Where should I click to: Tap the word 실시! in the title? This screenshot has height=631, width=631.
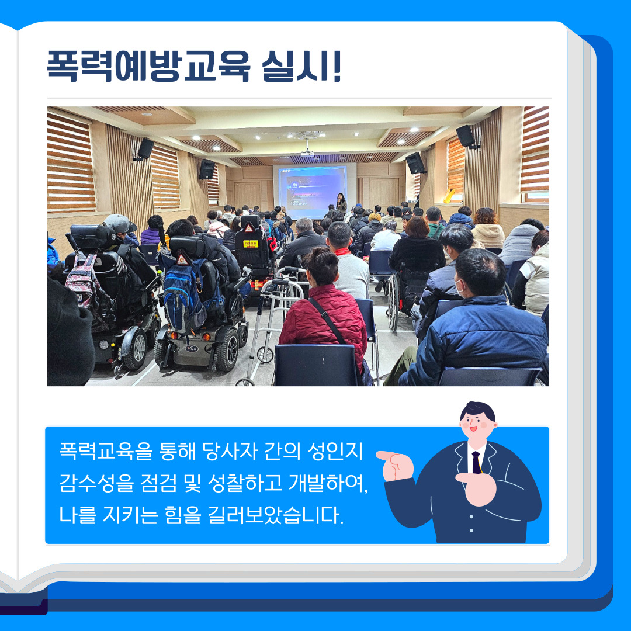tap(301, 66)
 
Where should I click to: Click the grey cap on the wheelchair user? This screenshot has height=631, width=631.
tap(119, 223)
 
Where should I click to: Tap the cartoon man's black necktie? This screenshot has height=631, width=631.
tap(477, 462)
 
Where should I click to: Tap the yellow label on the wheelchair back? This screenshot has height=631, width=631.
tap(251, 244)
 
